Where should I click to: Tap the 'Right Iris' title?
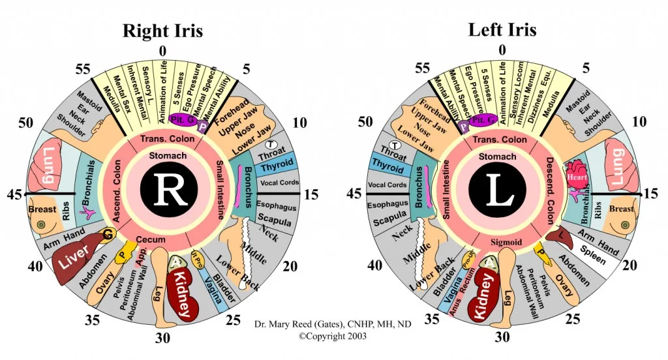point(162,31)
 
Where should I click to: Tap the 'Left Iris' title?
point(502,29)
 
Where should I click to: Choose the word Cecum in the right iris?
point(150,240)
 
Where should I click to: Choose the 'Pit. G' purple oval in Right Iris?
point(178,120)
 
